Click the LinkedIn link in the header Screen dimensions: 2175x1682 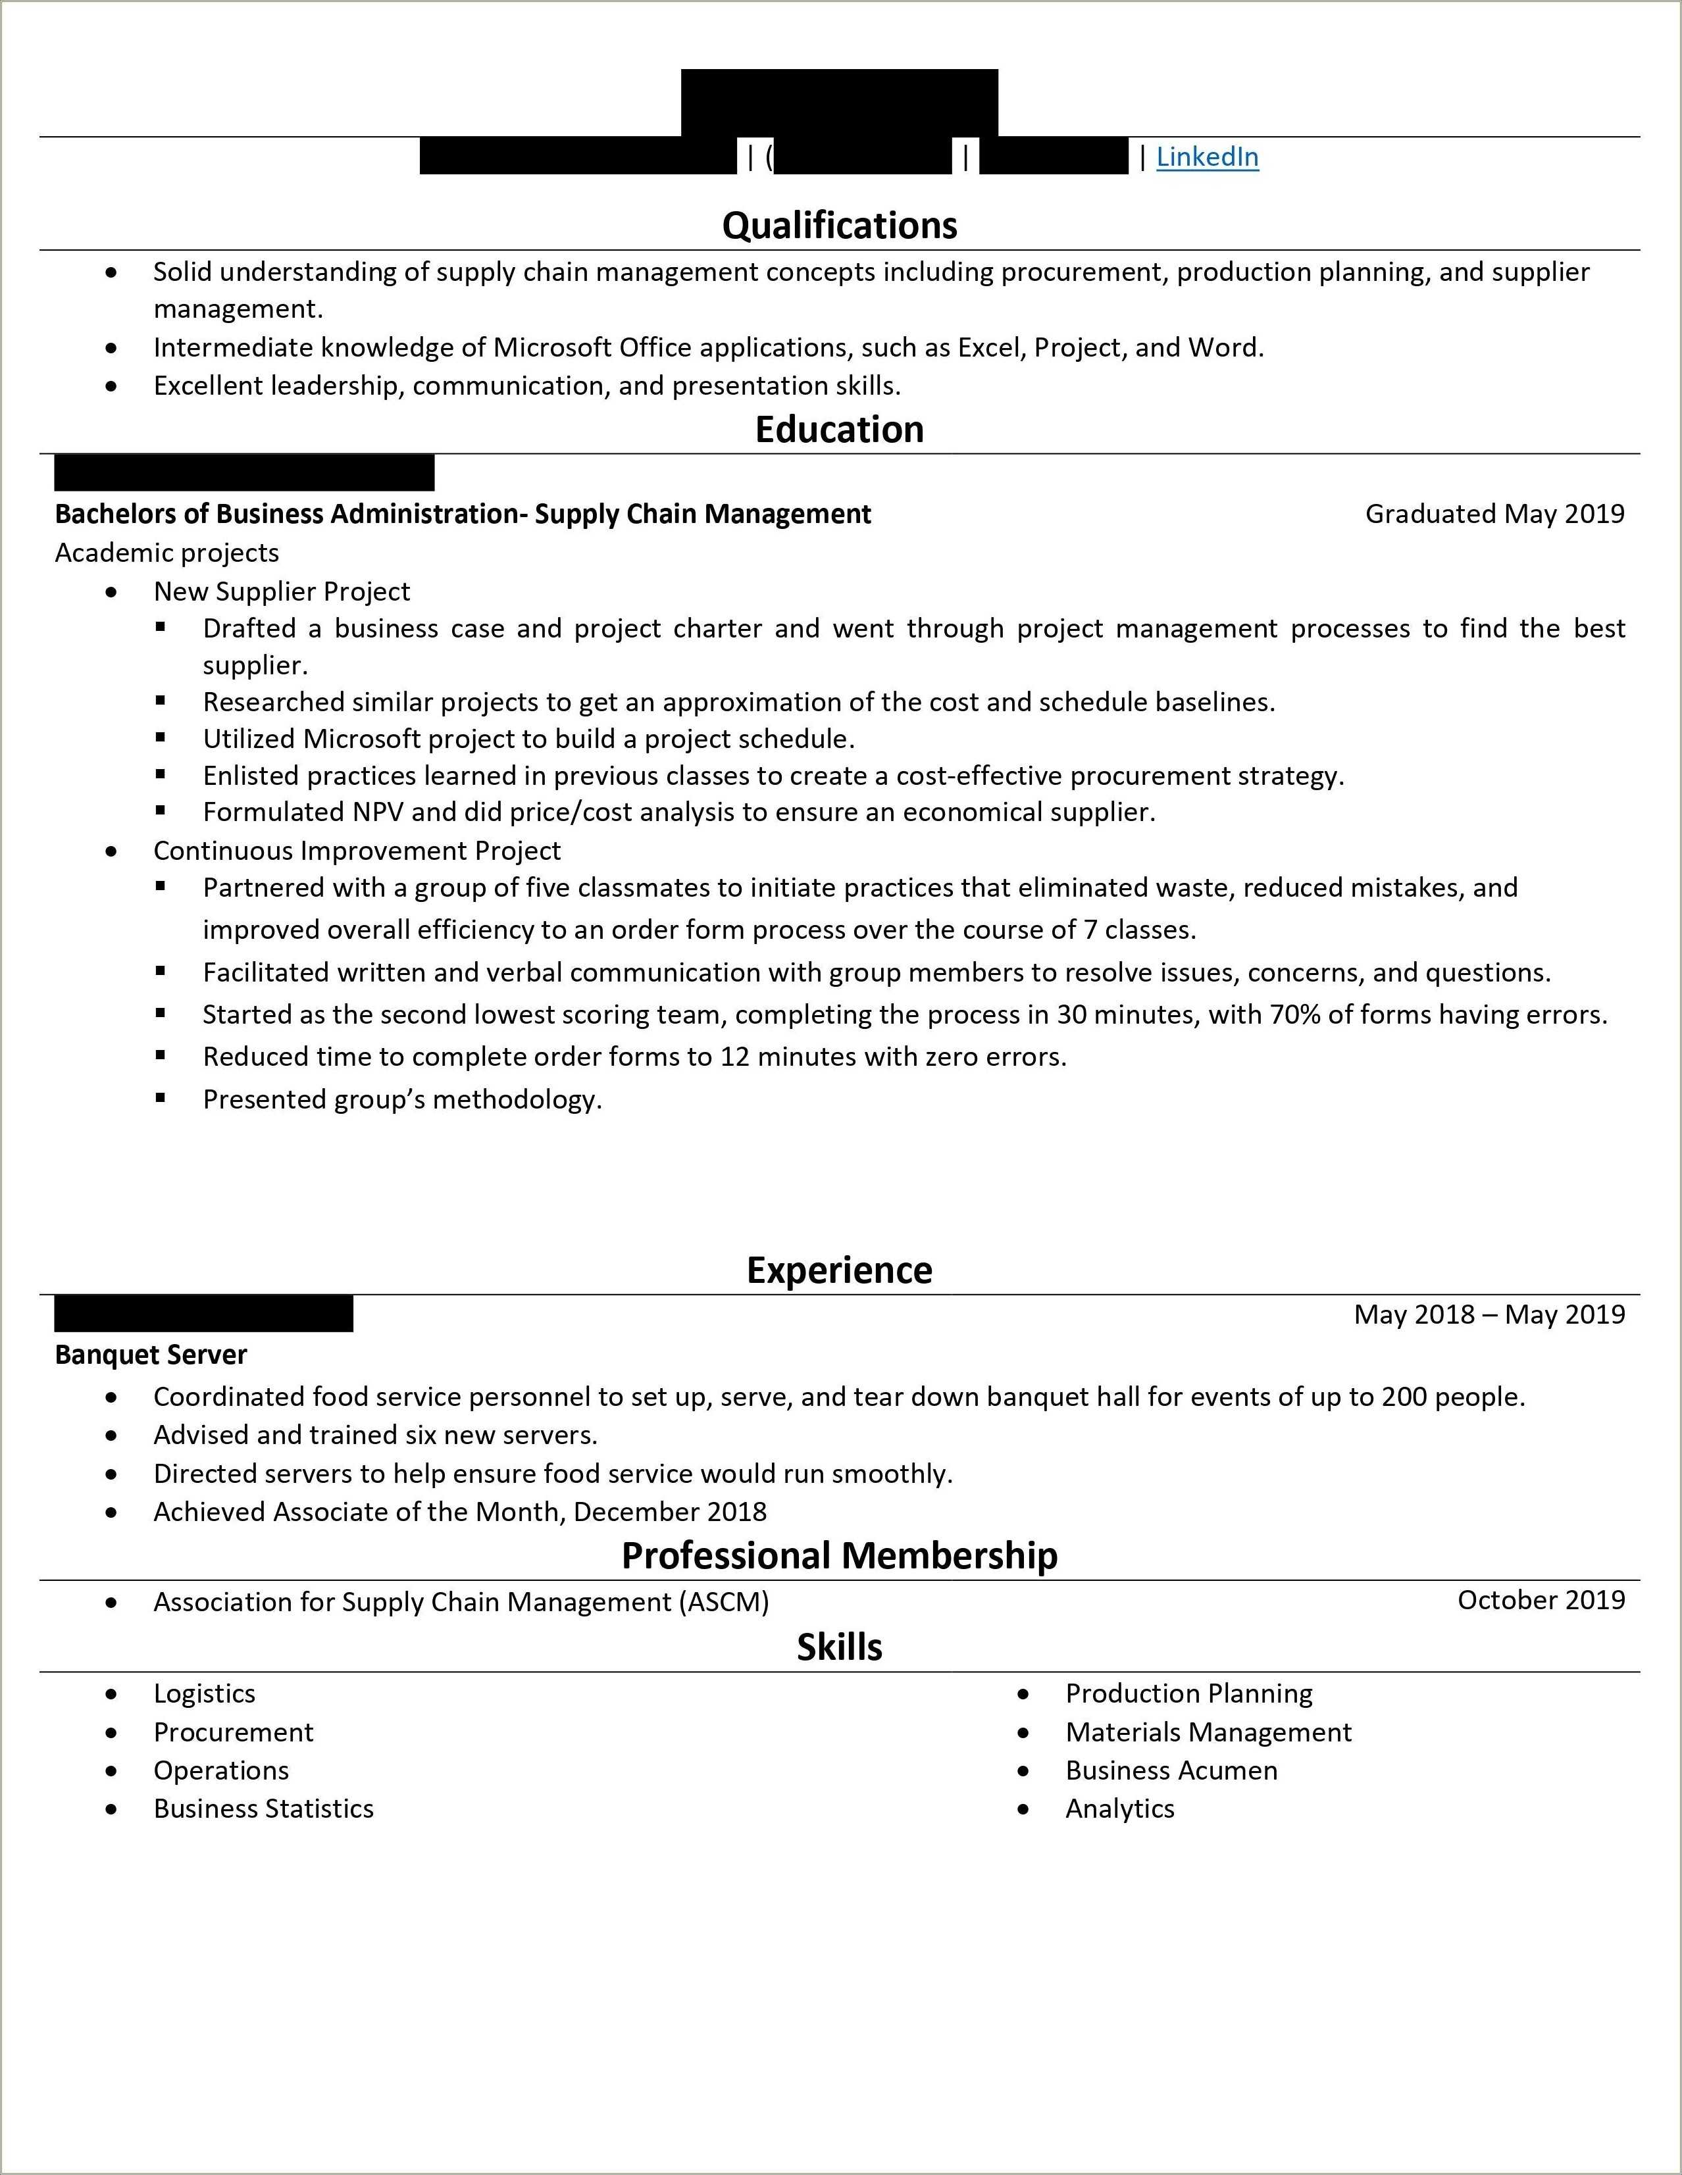tap(1207, 157)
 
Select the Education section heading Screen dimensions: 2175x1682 tap(840, 429)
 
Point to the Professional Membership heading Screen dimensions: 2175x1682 tap(840, 1555)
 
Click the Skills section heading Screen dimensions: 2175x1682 tap(840, 1647)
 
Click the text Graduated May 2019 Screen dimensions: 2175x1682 tap(1494, 514)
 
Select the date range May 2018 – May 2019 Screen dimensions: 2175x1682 tap(1489, 1314)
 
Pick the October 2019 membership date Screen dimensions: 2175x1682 tap(1541, 1599)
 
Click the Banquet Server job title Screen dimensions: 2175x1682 tap(151, 1355)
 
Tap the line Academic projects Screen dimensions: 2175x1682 tap(166, 553)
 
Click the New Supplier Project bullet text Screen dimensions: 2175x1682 tap(282, 591)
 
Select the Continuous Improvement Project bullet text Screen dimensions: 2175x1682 tap(357, 851)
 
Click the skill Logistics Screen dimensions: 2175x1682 tap(204, 1693)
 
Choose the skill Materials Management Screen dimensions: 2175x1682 tap(1208, 1732)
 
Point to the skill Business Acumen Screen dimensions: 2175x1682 tap(1171, 1770)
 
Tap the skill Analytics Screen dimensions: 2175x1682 tap(1119, 1809)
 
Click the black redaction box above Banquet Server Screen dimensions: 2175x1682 tap(203, 1314)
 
